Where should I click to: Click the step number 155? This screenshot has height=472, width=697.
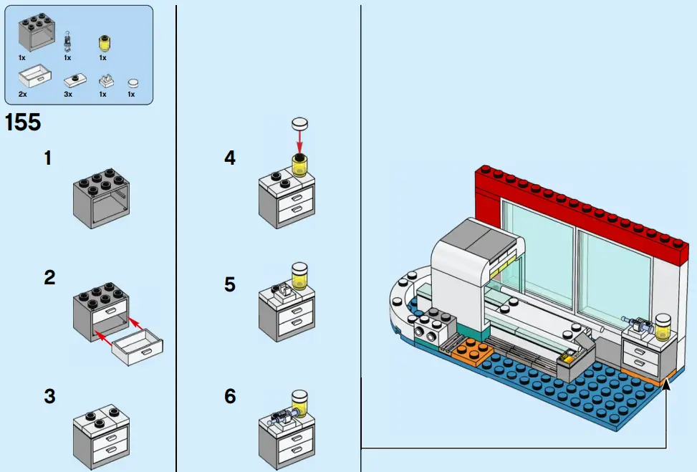tap(23, 122)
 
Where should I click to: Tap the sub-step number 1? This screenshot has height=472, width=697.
tap(48, 158)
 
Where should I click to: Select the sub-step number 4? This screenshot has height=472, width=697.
tap(229, 158)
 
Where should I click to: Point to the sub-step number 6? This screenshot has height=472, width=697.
tap(229, 395)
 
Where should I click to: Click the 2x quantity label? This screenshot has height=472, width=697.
tap(23, 94)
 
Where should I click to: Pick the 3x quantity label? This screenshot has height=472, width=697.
tap(68, 94)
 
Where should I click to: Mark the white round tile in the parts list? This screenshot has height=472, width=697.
tap(132, 83)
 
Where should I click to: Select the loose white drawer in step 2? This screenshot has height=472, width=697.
tap(138, 347)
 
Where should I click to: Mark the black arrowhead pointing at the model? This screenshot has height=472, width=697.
tap(667, 385)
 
